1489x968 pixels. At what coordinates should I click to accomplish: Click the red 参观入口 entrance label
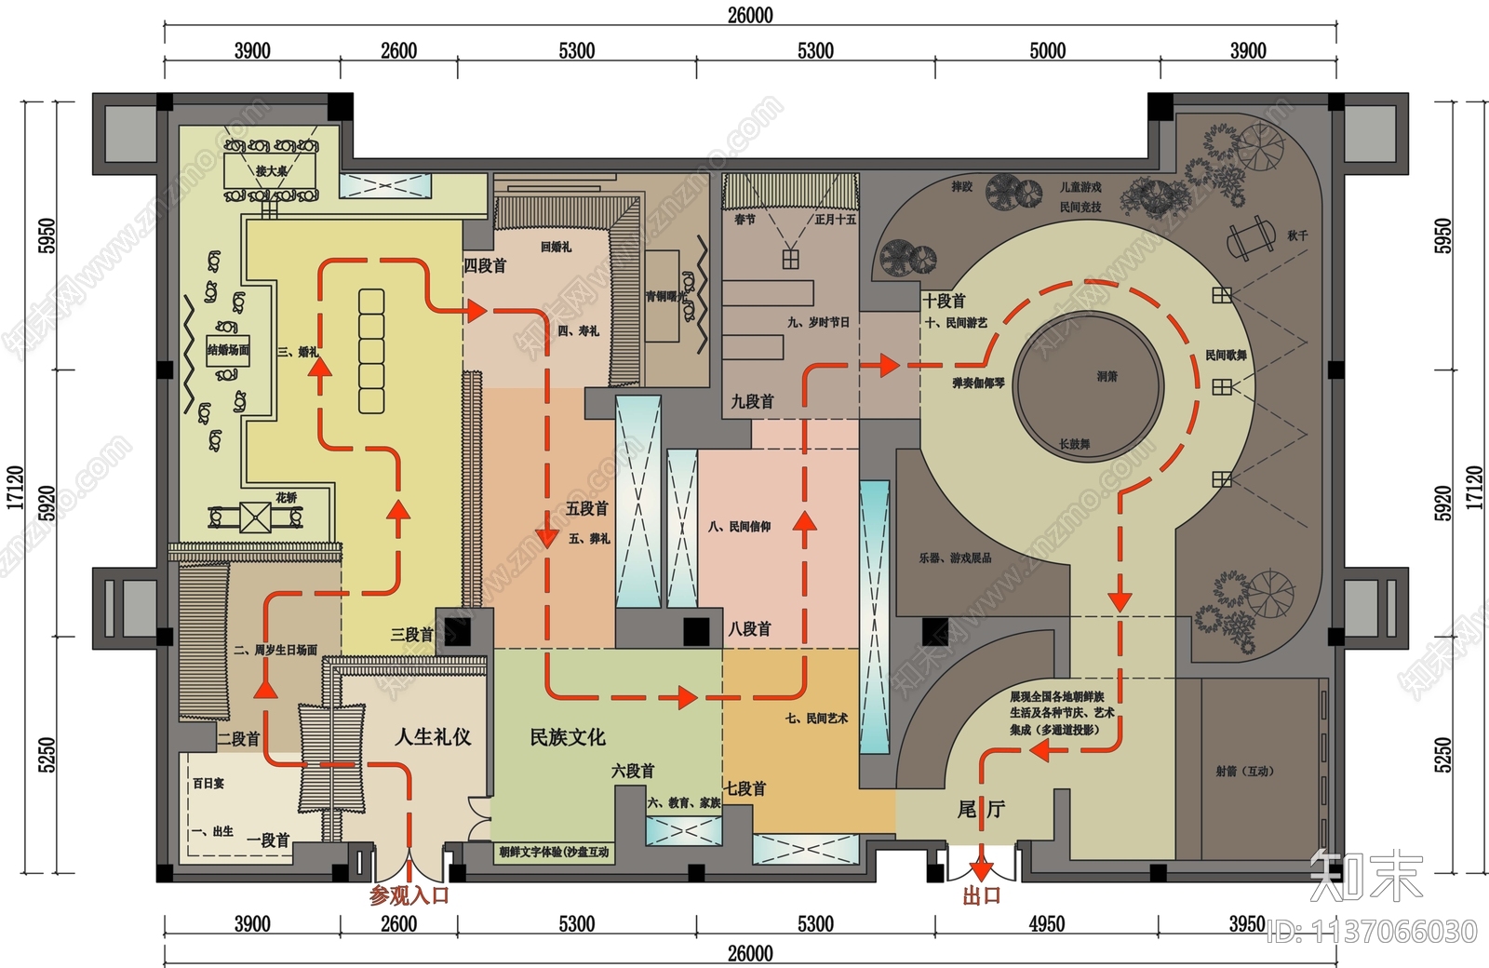409,895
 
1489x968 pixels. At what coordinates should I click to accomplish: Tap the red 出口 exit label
981,895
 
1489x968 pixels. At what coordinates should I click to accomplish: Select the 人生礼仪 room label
433,737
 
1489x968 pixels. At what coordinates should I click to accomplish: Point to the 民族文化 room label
567,737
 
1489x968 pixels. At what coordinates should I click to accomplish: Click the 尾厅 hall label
981,809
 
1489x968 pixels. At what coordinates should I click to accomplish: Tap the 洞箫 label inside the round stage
1107,376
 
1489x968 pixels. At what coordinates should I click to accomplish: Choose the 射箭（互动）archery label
1244,771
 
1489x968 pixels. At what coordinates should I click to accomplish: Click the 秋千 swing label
1297,235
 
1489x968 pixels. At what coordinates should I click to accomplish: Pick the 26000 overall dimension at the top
750,15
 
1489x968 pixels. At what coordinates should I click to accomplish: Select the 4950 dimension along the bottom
1046,923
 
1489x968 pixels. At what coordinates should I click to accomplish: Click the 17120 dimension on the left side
15,487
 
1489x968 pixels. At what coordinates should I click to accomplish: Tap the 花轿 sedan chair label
286,498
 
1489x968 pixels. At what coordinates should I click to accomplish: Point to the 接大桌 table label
272,171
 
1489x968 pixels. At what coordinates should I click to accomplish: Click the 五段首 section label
586,509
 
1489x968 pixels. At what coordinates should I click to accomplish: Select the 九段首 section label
752,401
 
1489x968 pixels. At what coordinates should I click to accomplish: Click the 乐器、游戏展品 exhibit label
955,558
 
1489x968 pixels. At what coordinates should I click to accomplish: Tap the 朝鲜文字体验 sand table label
554,852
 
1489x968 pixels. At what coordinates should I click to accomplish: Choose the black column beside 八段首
696,631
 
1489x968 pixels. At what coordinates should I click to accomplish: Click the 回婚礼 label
556,247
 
